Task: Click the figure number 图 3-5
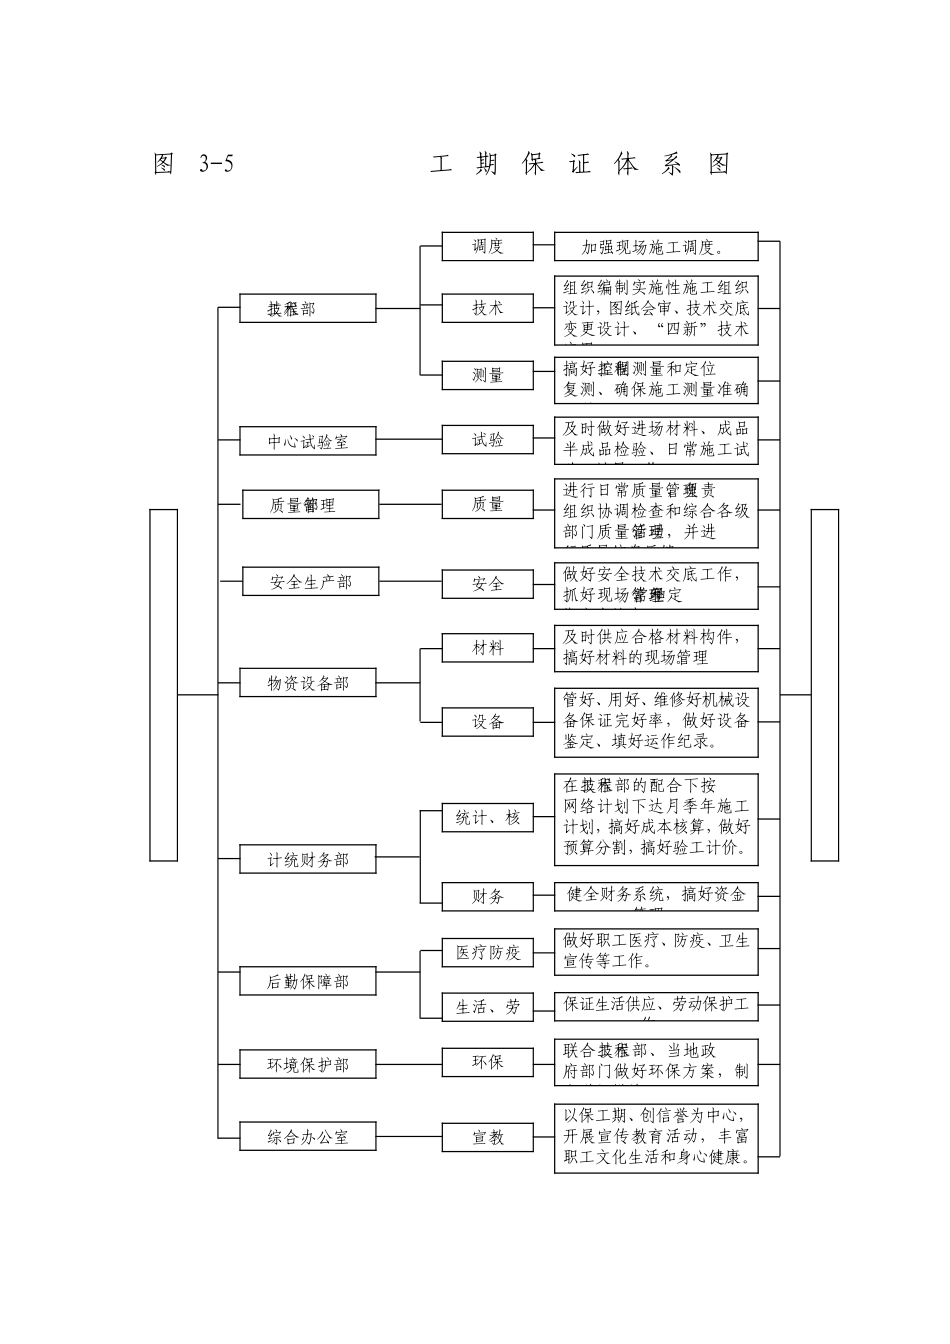point(194,164)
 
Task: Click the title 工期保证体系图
point(580,164)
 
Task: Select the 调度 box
point(488,246)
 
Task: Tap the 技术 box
point(488,308)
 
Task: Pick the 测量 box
point(488,375)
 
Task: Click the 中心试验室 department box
point(308,441)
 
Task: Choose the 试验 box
point(488,440)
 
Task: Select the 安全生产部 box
point(310,581)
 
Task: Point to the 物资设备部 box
point(308,683)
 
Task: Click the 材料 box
point(488,648)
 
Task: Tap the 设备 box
point(488,721)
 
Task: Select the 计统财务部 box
point(308,859)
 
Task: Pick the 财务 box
point(488,896)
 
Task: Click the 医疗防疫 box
point(488,952)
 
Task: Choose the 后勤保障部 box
point(308,981)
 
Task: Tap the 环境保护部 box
point(308,1064)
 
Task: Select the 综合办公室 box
point(308,1136)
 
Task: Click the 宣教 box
point(488,1137)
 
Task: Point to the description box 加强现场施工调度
point(656,247)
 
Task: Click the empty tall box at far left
point(164,684)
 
